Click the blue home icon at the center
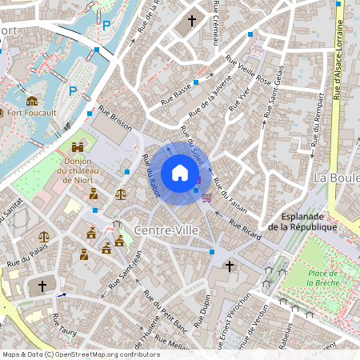tap(180, 173)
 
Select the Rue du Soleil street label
tap(193, 144)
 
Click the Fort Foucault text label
tap(32, 113)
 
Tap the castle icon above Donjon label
tap(78, 147)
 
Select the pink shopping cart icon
tap(206, 197)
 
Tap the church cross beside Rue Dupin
tap(230, 266)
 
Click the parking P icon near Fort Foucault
tap(73, 91)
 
